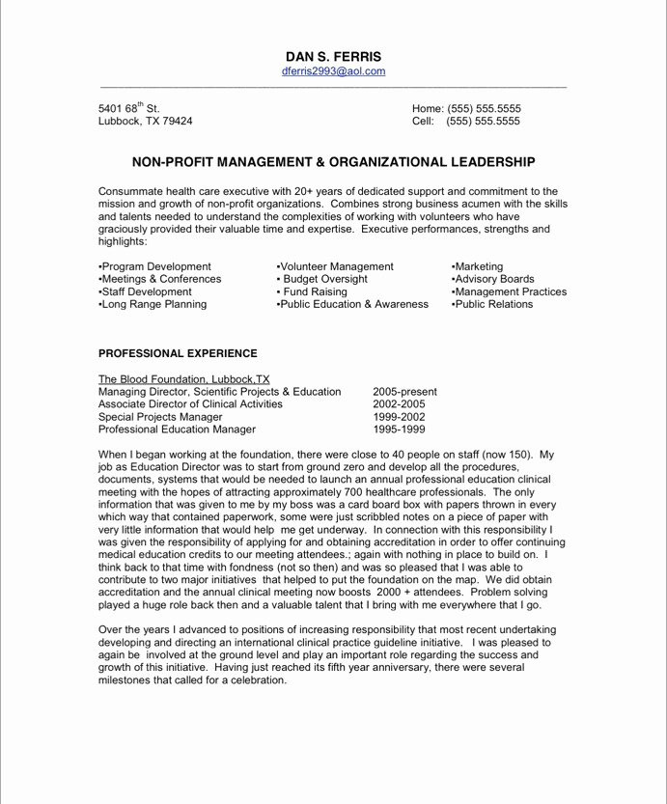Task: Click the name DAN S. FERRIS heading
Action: coord(333,57)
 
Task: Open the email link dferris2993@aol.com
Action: coord(333,71)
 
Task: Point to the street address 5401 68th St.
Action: coord(129,109)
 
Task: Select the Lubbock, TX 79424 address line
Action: coord(145,122)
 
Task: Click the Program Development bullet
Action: coord(154,266)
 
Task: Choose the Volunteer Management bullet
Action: coord(335,266)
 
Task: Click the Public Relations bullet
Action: coord(491,304)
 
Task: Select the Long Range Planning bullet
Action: coord(153,304)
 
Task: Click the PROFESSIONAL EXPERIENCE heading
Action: coord(178,353)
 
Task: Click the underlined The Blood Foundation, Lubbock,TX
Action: coord(184,379)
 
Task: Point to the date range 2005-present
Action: coord(404,392)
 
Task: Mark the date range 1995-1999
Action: coord(399,430)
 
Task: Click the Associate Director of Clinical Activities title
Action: coord(190,404)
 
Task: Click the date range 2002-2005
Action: coord(399,404)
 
